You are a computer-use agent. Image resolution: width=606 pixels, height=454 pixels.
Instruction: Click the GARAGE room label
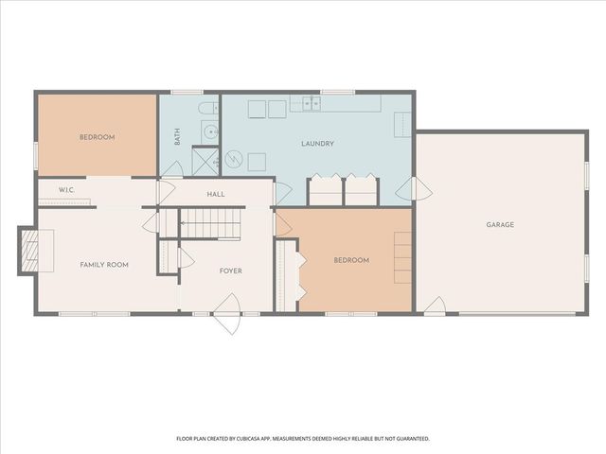point(500,224)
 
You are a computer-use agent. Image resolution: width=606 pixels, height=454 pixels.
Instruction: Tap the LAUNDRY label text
point(317,144)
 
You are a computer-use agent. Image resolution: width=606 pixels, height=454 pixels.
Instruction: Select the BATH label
point(177,137)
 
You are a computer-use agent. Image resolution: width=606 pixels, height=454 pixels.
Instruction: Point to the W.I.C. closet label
point(66,190)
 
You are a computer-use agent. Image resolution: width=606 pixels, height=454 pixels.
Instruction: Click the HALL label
point(215,195)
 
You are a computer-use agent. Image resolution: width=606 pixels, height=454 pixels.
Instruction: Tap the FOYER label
point(230,271)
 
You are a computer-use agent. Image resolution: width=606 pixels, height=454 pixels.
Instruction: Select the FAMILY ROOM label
point(103,265)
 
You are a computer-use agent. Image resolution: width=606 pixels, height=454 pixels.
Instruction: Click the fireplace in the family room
point(30,251)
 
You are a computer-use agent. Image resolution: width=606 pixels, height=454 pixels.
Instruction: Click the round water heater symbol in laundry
point(234,159)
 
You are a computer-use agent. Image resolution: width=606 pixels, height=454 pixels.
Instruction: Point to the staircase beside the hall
point(211,224)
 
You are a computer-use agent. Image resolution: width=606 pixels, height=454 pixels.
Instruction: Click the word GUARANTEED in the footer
point(408,439)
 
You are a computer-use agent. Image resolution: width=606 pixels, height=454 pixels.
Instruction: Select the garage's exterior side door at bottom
point(435,306)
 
